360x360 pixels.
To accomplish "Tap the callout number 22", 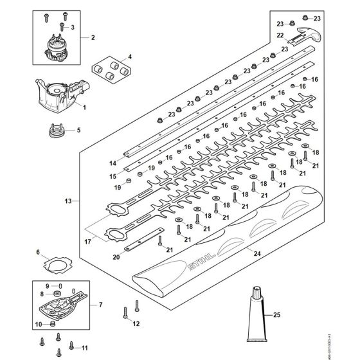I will (280, 35).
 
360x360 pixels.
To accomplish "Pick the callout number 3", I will (73, 26).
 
